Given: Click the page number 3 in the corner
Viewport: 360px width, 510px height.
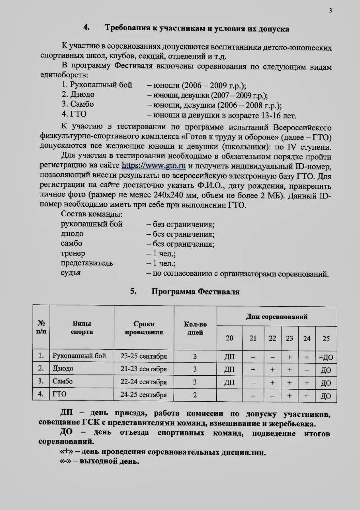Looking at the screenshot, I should (x=331, y=11).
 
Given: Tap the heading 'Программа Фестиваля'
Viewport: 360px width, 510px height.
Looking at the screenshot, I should (x=196, y=292).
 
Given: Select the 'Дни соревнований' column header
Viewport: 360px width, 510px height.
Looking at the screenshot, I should (x=277, y=317).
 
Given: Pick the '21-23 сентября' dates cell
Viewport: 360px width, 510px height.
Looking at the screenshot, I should (x=144, y=369).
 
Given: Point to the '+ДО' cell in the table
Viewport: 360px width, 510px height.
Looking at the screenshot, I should (x=326, y=356).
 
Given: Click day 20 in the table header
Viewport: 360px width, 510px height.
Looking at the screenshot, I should (x=230, y=338).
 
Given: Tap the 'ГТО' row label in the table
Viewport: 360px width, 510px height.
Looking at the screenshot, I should (x=59, y=395).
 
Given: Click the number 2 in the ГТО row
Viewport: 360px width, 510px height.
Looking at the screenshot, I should (x=195, y=395).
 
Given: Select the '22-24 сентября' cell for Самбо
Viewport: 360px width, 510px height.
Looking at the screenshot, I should (x=144, y=382).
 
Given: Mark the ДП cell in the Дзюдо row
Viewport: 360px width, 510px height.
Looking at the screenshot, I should (x=230, y=369).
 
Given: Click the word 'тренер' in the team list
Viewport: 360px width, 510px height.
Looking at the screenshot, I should (x=72, y=253).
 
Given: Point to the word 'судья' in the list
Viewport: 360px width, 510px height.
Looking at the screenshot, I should (x=70, y=273).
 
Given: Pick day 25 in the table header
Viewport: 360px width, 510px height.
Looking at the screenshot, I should (x=326, y=338).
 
